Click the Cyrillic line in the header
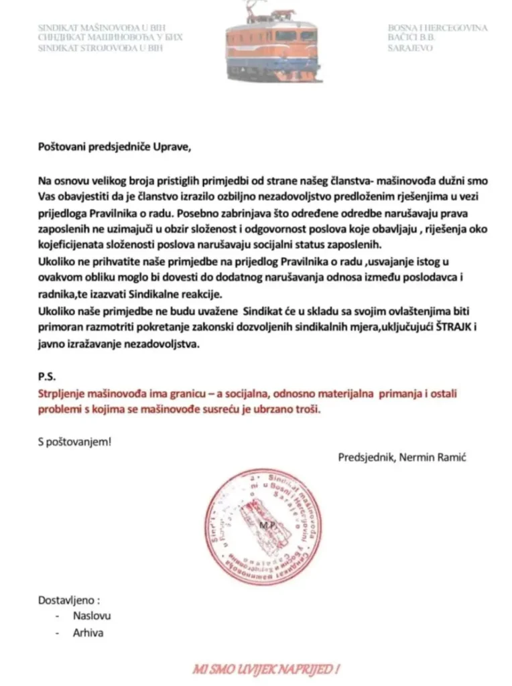coord(110,38)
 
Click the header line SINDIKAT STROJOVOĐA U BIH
coord(101,48)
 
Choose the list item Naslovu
coord(92,616)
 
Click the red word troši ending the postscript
coord(307,409)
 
